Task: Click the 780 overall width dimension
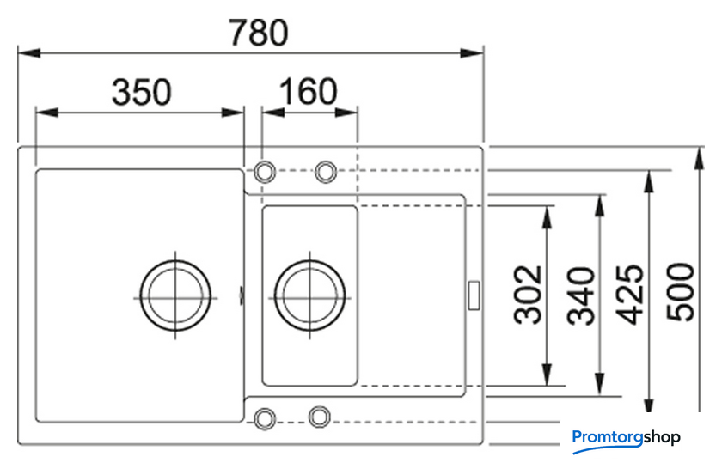[x=257, y=33]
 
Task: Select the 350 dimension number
[x=142, y=92]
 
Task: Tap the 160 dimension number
[x=308, y=91]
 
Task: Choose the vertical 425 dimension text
[x=632, y=294]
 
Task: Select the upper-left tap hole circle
[x=266, y=171]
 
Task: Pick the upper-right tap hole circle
[x=326, y=172]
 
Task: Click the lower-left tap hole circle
[x=265, y=417]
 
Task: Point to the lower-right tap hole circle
[x=320, y=417]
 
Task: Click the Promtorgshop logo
[x=626, y=437]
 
